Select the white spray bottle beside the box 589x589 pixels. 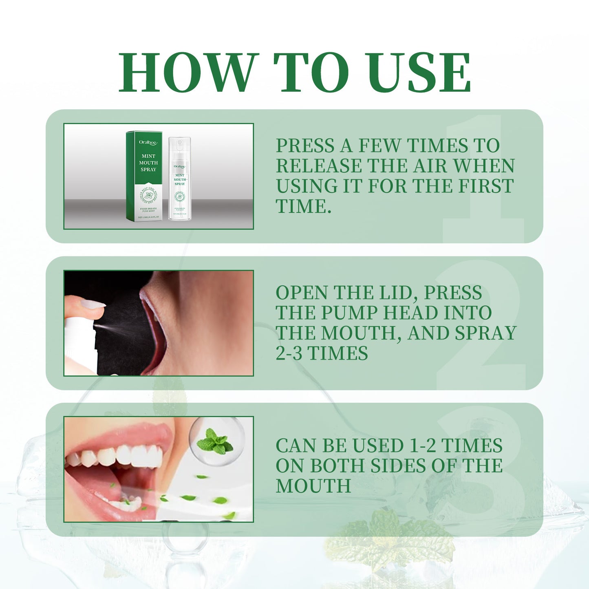(x=179, y=179)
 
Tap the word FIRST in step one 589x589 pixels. (x=486, y=186)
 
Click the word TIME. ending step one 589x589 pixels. (x=303, y=206)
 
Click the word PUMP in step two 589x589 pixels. (x=349, y=313)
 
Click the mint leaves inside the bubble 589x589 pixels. (x=215, y=441)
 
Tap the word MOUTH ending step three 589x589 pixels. (x=313, y=486)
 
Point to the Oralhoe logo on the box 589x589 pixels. (x=148, y=142)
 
